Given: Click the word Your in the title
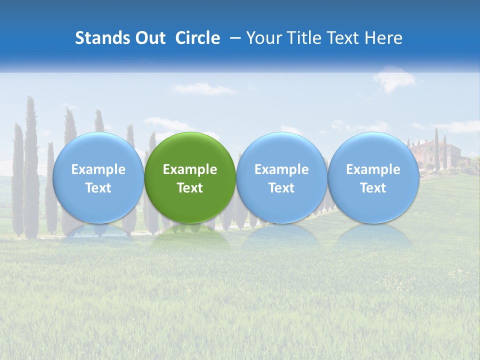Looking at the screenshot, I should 262,38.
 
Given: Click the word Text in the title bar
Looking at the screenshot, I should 340,38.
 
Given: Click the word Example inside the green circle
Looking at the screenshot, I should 190,169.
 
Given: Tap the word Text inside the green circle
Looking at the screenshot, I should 190,188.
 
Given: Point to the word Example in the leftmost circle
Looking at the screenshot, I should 98,169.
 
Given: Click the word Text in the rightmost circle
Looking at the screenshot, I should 373,188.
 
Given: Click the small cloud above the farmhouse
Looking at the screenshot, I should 394,78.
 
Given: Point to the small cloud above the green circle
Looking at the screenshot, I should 204,89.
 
